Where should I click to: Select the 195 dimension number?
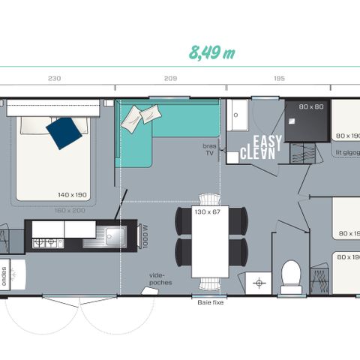[279, 78]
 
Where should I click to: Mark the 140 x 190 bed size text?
[73, 194]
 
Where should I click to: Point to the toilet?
[290, 275]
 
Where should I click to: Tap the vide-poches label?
[159, 279]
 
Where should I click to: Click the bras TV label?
[210, 148]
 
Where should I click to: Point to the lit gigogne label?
[346, 152]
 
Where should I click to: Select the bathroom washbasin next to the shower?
[237, 115]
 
